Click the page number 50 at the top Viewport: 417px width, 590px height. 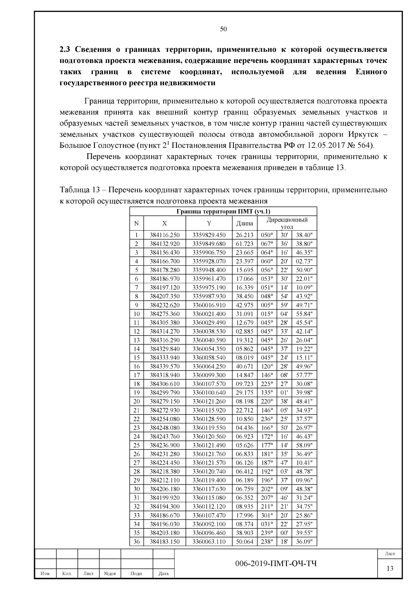[x=223, y=29]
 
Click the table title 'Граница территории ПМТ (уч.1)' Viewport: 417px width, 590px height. [x=223, y=211]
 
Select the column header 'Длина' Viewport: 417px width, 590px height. [x=245, y=224]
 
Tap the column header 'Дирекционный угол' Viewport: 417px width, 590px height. [x=287, y=223]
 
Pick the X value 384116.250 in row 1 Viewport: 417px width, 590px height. [x=165, y=235]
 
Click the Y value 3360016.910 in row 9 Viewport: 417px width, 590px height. [x=209, y=305]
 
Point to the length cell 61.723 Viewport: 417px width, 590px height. [x=245, y=244]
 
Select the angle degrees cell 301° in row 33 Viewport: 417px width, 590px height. [x=267, y=515]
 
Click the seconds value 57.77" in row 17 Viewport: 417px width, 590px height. [x=304, y=375]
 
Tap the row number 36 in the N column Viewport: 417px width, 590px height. [x=137, y=542]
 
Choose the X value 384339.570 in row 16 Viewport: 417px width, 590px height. [x=165, y=366]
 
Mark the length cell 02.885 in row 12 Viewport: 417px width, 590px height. [x=245, y=331]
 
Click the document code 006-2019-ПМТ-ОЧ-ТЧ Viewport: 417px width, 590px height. [x=276, y=564]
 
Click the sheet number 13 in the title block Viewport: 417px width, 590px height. [x=390, y=568]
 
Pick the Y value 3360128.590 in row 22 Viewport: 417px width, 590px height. [x=209, y=419]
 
